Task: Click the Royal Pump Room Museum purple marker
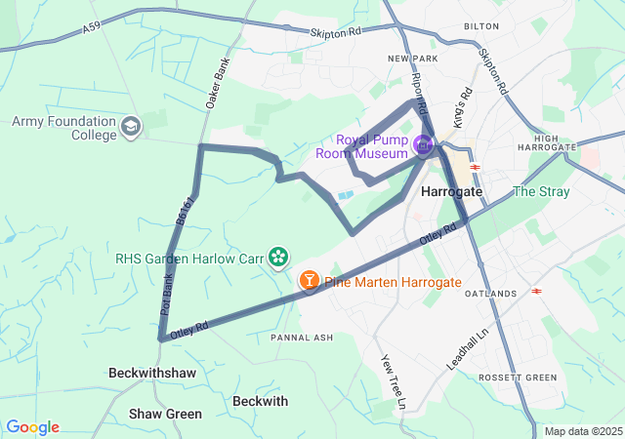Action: coord(423,146)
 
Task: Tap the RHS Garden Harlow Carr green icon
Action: coord(279,258)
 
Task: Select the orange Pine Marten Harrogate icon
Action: coord(310,282)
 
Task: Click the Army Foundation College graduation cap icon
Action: coord(131,127)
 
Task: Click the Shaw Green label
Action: coord(165,415)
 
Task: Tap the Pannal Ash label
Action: coord(302,338)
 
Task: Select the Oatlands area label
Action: coord(490,294)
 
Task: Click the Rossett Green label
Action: coord(517,378)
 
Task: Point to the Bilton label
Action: coord(480,26)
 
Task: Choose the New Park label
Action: coord(410,60)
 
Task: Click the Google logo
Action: coord(32,427)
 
